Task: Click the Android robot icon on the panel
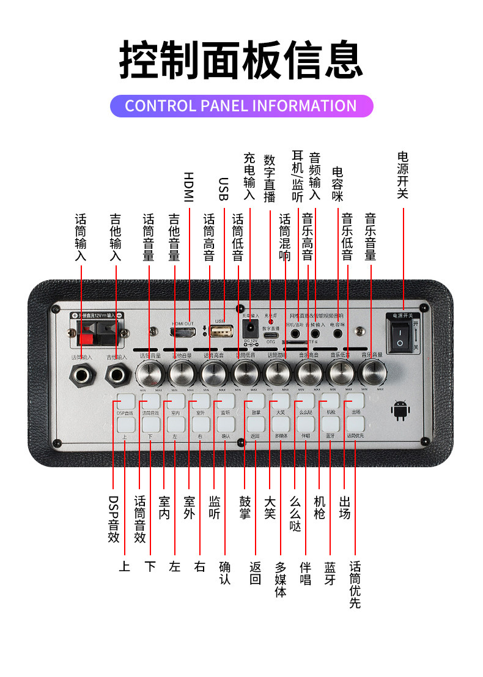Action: [400, 411]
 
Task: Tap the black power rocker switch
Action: [401, 336]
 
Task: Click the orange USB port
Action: [221, 331]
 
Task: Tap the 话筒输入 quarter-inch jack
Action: [82, 374]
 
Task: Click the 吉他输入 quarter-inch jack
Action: [117, 374]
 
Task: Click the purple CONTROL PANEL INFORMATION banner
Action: [241, 106]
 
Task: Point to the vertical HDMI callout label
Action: [188, 187]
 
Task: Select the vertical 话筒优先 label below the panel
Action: [355, 585]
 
